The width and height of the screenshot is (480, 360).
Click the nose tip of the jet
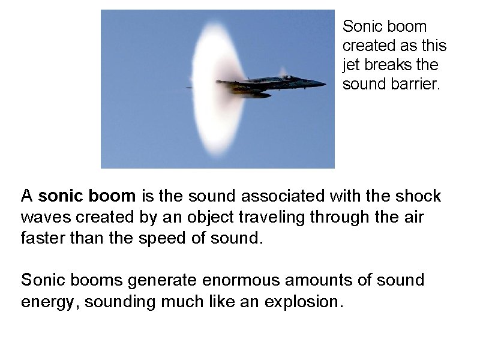tap(325, 83)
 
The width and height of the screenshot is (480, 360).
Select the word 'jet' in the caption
tap(350, 65)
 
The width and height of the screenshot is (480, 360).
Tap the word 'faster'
tap(43, 238)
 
